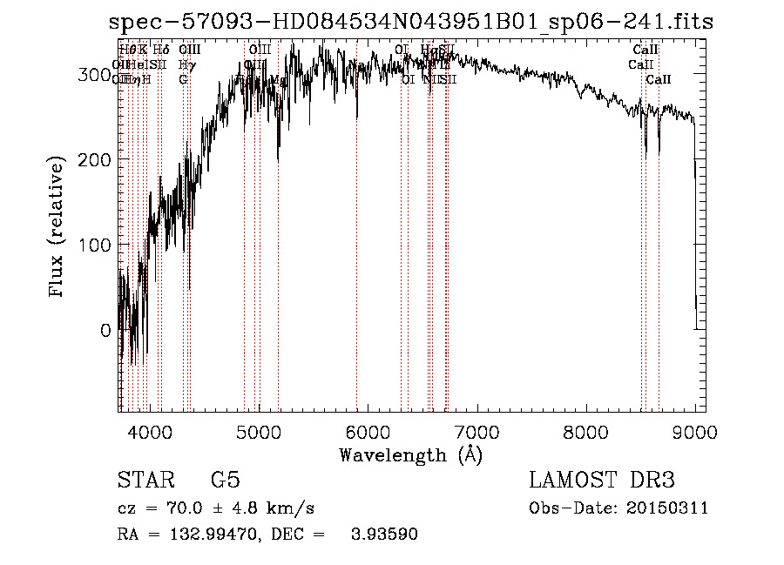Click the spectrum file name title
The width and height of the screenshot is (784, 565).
click(411, 22)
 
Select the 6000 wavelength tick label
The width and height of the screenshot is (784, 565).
click(367, 430)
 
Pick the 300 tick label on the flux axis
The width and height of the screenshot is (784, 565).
click(91, 75)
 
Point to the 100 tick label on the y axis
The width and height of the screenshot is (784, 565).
click(91, 246)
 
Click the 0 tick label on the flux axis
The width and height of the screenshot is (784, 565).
click(105, 331)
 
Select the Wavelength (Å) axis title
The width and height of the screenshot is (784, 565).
click(410, 455)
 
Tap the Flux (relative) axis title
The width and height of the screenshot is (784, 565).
click(58, 228)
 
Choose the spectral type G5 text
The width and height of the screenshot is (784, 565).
click(226, 481)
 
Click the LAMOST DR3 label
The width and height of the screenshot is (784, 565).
click(602, 481)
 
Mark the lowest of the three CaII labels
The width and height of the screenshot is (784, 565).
click(659, 80)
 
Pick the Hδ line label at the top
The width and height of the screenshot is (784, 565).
click(161, 50)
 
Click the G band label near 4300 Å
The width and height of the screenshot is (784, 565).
click(184, 80)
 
